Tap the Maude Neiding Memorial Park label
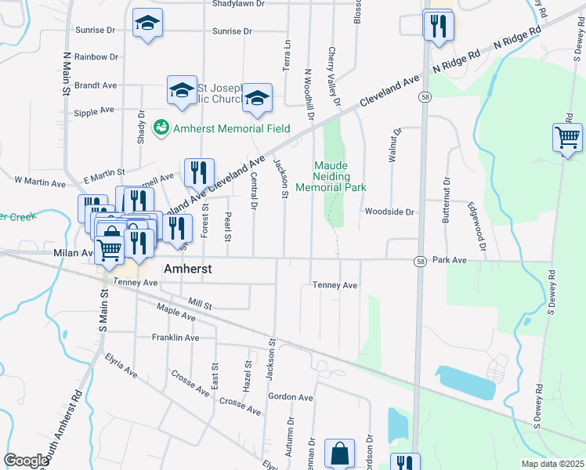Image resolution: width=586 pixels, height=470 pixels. click(341, 176)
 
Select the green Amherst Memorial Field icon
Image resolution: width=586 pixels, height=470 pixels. click(161, 127)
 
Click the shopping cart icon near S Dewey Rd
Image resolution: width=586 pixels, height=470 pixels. click(567, 138)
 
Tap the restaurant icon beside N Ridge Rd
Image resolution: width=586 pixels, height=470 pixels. click(438, 26)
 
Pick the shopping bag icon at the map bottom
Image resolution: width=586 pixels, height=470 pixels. click(340, 454)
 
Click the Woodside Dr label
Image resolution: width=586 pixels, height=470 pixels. click(388, 212)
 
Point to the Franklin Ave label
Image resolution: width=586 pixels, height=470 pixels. click(175, 338)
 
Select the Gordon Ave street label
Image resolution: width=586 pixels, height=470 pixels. click(290, 397)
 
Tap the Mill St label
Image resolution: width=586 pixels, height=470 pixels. click(201, 303)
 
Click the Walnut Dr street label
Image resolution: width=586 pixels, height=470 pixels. click(395, 145)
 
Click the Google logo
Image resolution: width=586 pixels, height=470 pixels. click(26, 461)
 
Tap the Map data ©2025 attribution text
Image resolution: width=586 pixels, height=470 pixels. click(552, 464)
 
